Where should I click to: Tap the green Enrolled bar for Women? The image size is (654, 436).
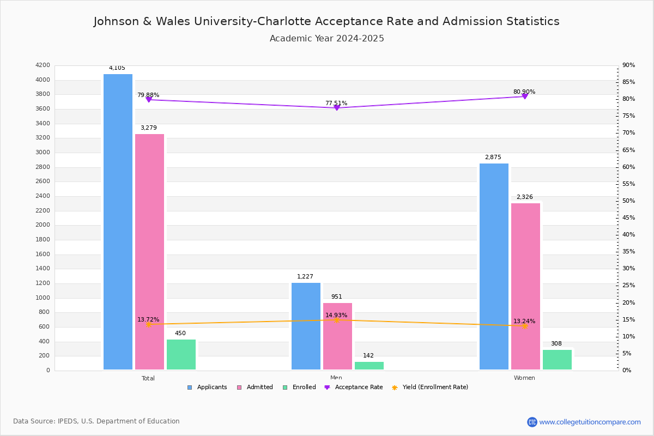click(557, 360)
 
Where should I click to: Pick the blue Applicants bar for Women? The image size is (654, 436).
click(494, 267)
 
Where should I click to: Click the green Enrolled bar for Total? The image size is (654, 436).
click(181, 355)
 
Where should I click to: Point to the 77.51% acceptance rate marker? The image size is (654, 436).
click(337, 108)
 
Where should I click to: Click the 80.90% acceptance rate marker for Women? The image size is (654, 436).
click(525, 96)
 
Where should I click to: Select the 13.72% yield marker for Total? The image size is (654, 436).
click(148, 324)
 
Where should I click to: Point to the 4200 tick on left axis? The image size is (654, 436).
click(43, 65)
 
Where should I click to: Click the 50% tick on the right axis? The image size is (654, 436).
click(628, 201)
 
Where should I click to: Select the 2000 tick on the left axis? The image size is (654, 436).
click(43, 225)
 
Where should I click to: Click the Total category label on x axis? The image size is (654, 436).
click(148, 378)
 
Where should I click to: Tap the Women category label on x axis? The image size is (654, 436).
click(524, 378)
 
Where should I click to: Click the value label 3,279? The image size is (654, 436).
click(148, 128)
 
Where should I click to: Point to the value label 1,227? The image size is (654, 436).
click(305, 277)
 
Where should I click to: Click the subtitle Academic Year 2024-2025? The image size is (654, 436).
click(327, 39)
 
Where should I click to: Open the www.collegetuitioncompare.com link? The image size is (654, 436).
click(590, 422)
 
